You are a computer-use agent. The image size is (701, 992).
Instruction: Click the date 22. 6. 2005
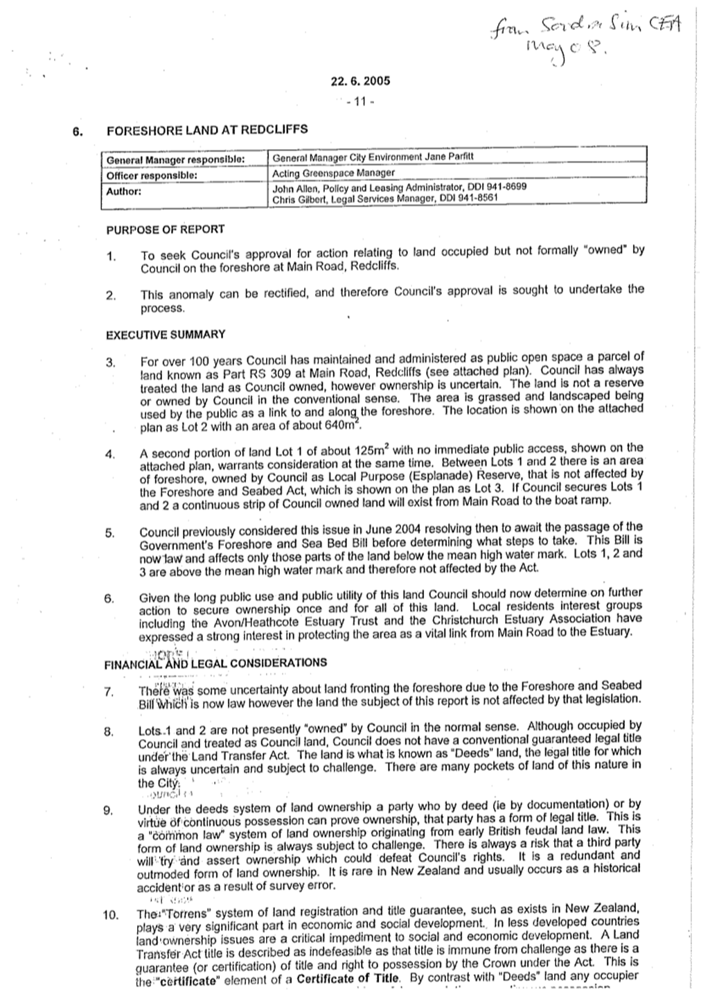click(361, 80)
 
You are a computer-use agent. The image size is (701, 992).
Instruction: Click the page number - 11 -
click(360, 101)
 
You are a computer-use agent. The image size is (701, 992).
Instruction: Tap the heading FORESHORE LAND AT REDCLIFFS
click(206, 130)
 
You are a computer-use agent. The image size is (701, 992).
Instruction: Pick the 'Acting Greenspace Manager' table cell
click(333, 173)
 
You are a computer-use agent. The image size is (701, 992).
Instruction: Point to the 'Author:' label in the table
click(124, 191)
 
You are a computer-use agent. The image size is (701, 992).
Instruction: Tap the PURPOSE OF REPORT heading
click(165, 229)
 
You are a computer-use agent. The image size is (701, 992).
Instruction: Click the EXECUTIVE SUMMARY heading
click(165, 334)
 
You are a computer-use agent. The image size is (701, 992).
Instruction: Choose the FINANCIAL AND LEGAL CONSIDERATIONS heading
click(215, 663)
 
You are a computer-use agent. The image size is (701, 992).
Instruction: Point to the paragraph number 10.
click(111, 914)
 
